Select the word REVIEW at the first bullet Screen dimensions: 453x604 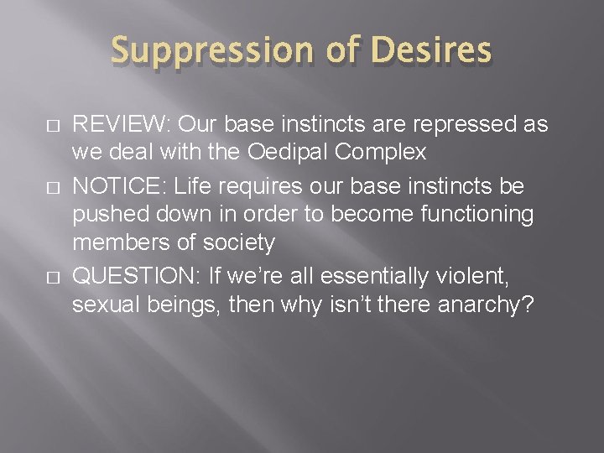click(x=119, y=125)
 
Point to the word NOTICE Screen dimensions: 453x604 click(x=116, y=185)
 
